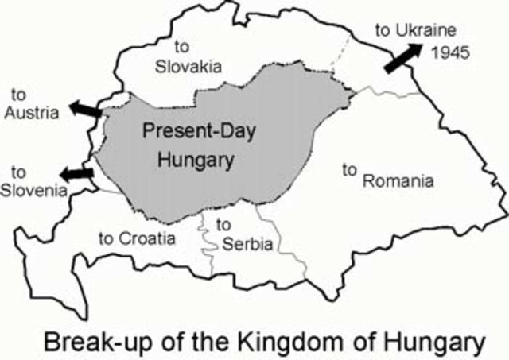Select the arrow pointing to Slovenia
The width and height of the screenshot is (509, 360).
click(76, 172)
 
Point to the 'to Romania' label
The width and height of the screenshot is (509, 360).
click(387, 175)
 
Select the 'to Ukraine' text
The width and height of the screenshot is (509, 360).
click(416, 31)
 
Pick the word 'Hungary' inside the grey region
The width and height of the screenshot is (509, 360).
click(196, 159)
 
